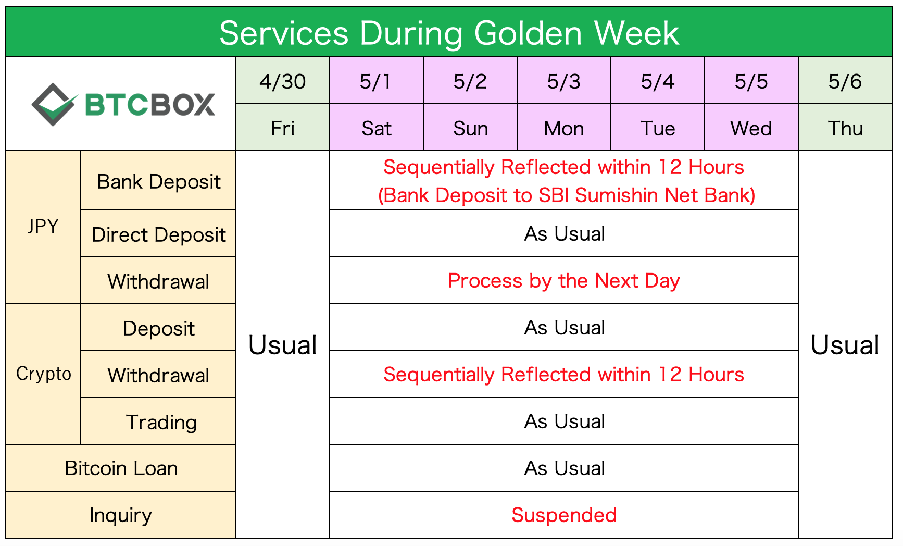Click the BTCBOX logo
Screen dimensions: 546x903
click(x=123, y=104)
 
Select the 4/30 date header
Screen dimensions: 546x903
click(x=283, y=81)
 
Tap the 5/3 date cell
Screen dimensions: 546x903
click(x=563, y=81)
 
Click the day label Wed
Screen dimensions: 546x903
click(x=751, y=128)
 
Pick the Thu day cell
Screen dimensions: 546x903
click(x=845, y=128)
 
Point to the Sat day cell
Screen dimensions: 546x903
click(x=377, y=128)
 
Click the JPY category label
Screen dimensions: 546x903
click(x=43, y=227)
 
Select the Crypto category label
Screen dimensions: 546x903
click(x=43, y=374)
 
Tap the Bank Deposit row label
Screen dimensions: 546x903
click(x=158, y=181)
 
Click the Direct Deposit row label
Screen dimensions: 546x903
click(x=158, y=234)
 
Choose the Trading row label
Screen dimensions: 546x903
click(x=161, y=422)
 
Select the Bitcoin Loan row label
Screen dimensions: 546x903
click(x=121, y=468)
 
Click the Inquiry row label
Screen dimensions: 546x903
click(x=121, y=515)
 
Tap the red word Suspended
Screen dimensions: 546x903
click(x=563, y=515)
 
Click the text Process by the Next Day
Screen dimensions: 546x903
click(x=563, y=281)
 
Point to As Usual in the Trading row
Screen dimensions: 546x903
click(x=564, y=421)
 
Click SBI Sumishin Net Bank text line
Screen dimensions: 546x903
click(x=566, y=195)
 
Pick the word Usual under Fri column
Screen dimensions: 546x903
click(x=283, y=345)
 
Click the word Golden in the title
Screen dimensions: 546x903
click(x=528, y=33)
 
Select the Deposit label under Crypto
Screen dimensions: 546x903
click(x=158, y=328)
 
